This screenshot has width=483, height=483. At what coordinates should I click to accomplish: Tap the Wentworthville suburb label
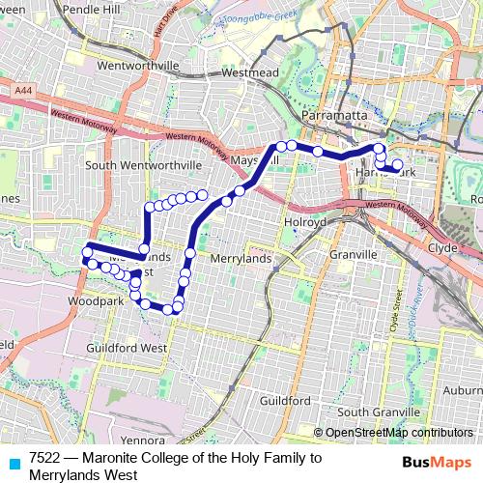click(139, 66)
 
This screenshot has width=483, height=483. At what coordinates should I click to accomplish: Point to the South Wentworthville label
click(143, 165)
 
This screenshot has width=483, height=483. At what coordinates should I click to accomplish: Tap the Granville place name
click(352, 254)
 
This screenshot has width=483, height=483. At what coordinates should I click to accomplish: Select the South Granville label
click(373, 412)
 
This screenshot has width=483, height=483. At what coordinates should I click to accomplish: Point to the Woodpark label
click(97, 301)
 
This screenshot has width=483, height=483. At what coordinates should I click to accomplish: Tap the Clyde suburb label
click(440, 247)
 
